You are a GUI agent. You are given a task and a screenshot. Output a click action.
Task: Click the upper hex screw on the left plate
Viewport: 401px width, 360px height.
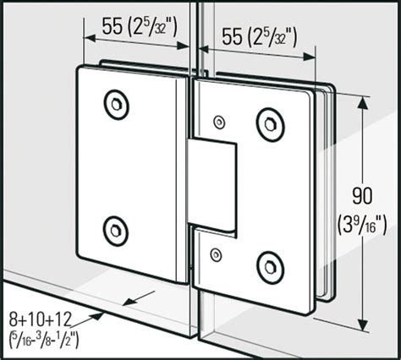click(116, 105)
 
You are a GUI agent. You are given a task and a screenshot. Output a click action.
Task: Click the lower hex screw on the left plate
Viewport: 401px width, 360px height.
click(115, 231)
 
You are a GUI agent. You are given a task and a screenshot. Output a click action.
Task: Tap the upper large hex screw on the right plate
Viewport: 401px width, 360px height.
click(271, 124)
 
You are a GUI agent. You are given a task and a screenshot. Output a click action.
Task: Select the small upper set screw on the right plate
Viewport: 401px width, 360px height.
click(219, 122)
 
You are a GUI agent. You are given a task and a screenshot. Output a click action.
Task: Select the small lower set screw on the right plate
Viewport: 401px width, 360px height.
click(216, 255)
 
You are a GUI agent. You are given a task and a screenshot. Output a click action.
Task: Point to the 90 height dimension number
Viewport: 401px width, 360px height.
click(362, 195)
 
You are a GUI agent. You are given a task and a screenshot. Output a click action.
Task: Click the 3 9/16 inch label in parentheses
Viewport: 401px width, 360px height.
click(362, 224)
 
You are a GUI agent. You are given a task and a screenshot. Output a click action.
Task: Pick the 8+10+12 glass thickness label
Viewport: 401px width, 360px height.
click(41, 319)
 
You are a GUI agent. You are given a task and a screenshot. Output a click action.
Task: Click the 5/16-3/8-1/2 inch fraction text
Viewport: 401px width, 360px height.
click(44, 339)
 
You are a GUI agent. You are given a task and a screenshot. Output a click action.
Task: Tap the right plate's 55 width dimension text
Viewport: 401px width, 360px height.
click(260, 37)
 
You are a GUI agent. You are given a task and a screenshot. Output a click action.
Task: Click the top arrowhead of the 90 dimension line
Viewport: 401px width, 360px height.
click(363, 103)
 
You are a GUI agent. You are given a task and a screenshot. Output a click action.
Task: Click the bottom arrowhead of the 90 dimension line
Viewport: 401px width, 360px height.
click(363, 325)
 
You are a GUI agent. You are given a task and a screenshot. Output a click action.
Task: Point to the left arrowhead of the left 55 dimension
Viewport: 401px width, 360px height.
click(91, 38)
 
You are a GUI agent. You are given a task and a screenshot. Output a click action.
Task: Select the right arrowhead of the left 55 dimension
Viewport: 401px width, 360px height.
click(184, 46)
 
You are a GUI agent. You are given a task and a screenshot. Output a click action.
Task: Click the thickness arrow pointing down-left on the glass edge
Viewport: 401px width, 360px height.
click(140, 298)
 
